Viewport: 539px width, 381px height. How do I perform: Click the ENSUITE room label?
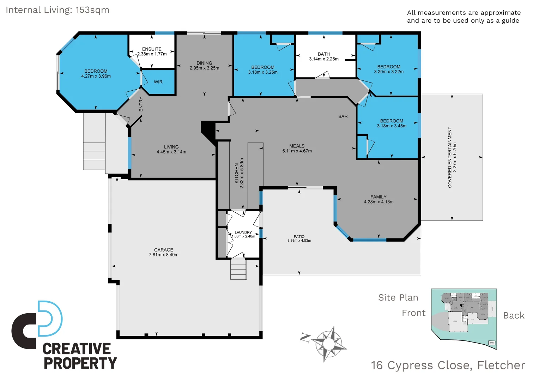pos(152,49)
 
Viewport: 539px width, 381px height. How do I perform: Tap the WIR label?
pos(158,82)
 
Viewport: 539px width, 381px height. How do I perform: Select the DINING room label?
pos(204,63)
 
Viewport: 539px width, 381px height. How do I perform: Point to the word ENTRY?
pos(141,104)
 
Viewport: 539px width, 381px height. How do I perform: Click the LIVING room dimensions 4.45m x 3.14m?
pos(171,152)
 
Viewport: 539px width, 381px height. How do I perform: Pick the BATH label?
pos(323,54)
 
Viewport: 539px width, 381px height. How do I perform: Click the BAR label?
pos(343,116)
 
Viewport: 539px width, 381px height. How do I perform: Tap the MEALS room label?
pos(297,146)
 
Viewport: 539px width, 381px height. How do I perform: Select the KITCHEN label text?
pos(237,173)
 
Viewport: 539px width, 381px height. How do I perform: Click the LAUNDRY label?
pos(243,232)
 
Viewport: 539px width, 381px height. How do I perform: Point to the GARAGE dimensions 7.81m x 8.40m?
pos(164,255)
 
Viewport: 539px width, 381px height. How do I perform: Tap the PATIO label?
pos(299,237)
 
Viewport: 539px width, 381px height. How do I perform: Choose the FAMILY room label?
pos(378,197)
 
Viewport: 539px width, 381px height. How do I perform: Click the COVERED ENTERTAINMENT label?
pos(450,157)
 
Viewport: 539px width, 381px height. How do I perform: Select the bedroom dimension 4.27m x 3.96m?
pos(96,76)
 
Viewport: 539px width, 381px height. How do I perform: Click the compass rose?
pos(328,343)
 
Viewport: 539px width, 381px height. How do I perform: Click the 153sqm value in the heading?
pos(92,10)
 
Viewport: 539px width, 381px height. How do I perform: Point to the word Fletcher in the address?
pos(501,365)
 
